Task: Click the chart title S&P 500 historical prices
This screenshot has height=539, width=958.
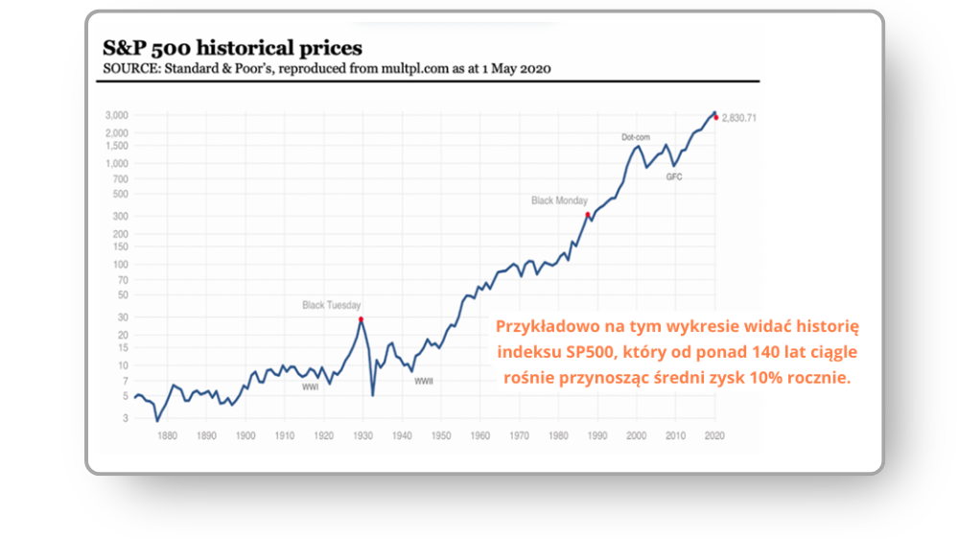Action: [233, 47]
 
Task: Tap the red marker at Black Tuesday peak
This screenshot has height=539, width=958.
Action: [361, 318]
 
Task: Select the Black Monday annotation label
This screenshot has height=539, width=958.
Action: [559, 200]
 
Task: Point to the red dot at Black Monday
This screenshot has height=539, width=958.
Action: [588, 215]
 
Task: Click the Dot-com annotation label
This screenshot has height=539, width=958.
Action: [635, 137]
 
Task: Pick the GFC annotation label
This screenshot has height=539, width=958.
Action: [674, 177]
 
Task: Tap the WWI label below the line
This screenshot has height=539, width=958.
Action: [310, 387]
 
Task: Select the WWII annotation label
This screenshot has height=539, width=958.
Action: [424, 382]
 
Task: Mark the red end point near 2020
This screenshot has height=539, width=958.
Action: [715, 117]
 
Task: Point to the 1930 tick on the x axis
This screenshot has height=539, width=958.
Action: [362, 435]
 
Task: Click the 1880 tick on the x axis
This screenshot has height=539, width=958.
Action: [167, 435]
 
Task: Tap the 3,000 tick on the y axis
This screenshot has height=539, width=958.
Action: [116, 115]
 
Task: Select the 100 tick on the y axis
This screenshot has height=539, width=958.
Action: [121, 264]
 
